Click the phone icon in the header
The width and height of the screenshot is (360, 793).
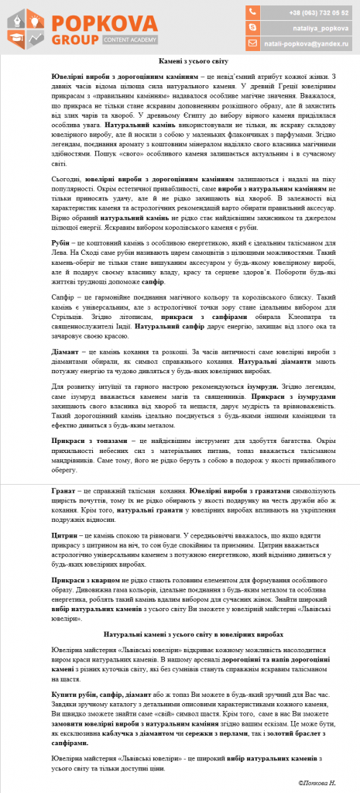[252, 12]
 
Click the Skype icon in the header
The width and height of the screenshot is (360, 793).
[252, 28]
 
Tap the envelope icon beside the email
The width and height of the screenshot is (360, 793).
[252, 43]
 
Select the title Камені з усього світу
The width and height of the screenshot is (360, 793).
[180, 60]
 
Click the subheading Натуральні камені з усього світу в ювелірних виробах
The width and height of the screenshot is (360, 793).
[180, 633]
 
